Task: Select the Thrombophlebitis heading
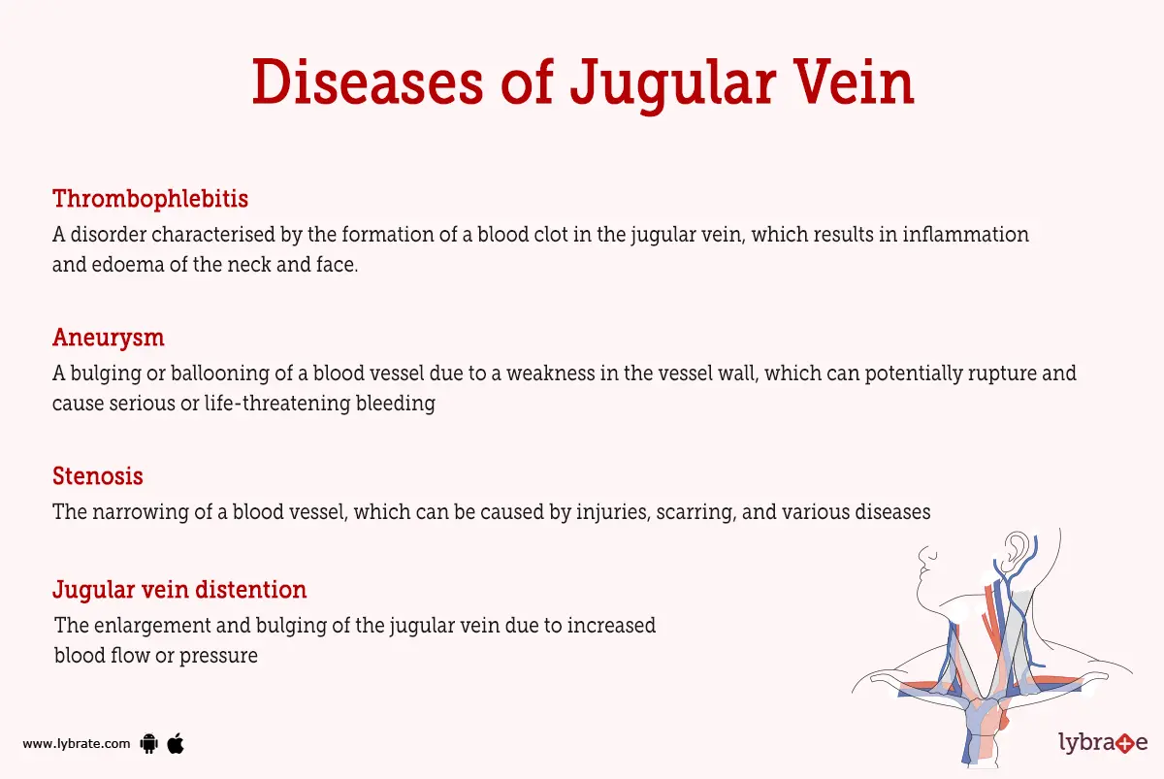click(150, 199)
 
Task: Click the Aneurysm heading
click(108, 338)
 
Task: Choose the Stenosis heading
click(98, 476)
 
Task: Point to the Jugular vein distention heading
click(179, 589)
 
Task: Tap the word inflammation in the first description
click(966, 235)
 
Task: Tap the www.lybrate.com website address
click(76, 744)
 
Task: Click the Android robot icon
click(148, 744)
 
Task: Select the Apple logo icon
click(176, 743)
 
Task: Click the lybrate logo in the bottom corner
click(1103, 744)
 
